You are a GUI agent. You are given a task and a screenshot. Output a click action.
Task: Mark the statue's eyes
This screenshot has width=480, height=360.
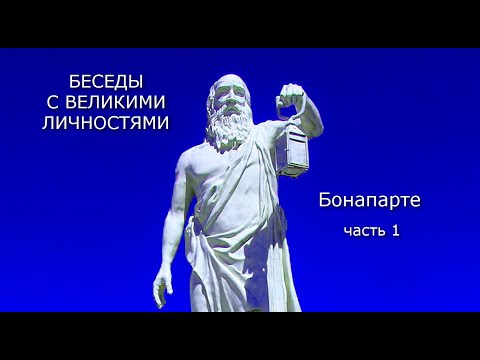224,101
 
